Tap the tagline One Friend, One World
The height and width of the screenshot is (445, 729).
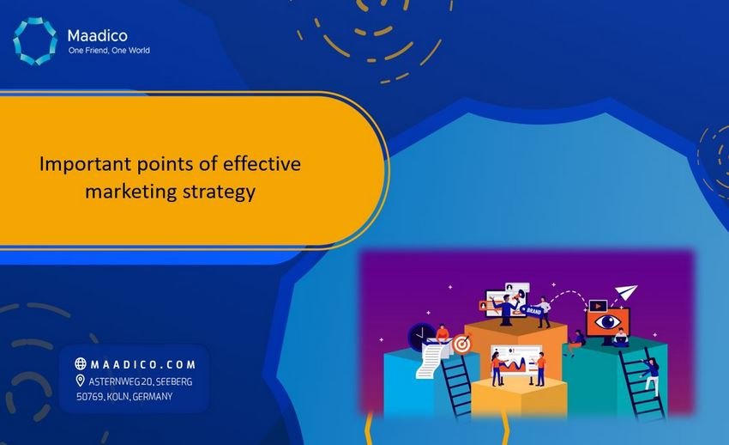pyautogui.click(x=109, y=51)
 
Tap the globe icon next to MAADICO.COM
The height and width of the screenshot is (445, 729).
pyautogui.click(x=81, y=363)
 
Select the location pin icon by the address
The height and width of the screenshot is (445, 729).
pyautogui.click(x=81, y=380)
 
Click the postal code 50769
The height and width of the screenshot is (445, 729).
pyautogui.click(x=89, y=396)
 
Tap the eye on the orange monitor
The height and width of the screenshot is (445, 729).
pyautogui.click(x=608, y=323)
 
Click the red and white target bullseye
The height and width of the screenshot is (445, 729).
pyautogui.click(x=462, y=343)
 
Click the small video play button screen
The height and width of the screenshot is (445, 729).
pyautogui.click(x=598, y=305)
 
